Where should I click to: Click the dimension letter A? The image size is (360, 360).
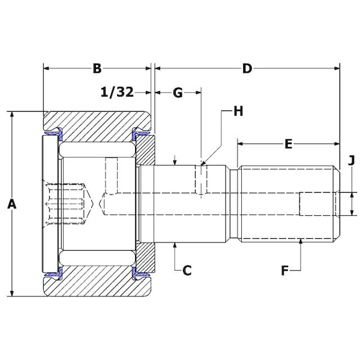(x=11, y=205)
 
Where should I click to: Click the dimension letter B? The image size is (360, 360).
(x=97, y=68)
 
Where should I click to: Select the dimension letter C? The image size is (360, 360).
(x=187, y=271)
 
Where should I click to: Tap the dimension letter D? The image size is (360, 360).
(x=247, y=68)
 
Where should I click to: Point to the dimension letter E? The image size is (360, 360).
(x=288, y=144)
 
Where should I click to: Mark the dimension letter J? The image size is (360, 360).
(x=352, y=160)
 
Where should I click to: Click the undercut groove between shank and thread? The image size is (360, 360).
(x=234, y=203)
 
